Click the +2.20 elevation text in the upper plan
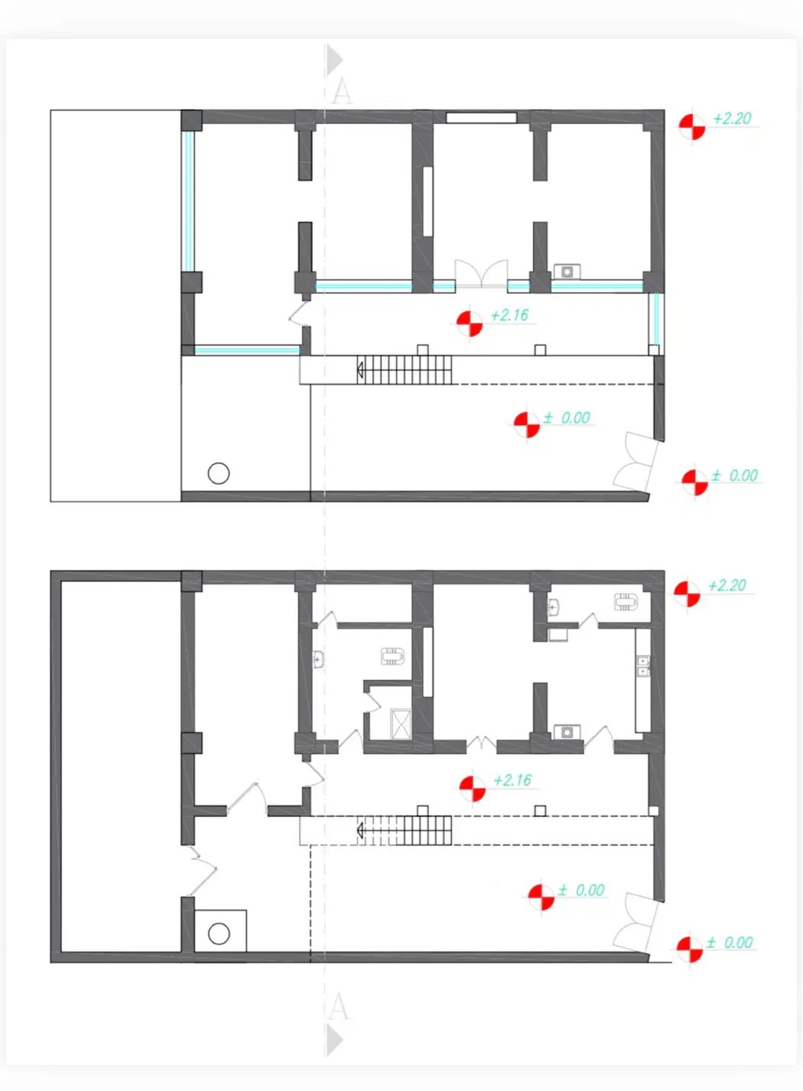(732, 119)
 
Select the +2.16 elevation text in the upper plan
(509, 315)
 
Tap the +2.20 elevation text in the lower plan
(727, 585)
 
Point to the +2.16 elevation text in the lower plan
(512, 780)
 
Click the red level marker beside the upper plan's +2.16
(470, 324)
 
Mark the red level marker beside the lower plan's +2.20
(687, 594)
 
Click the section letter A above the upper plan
(341, 91)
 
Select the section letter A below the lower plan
(339, 1007)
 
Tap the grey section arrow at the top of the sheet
(334, 60)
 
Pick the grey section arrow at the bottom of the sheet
(334, 1040)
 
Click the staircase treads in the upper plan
(405, 370)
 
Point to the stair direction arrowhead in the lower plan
(360, 830)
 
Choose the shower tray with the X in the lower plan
(401, 725)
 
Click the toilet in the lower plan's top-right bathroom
(626, 602)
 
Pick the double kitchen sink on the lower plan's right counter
(643, 666)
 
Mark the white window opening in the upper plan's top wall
(481, 118)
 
